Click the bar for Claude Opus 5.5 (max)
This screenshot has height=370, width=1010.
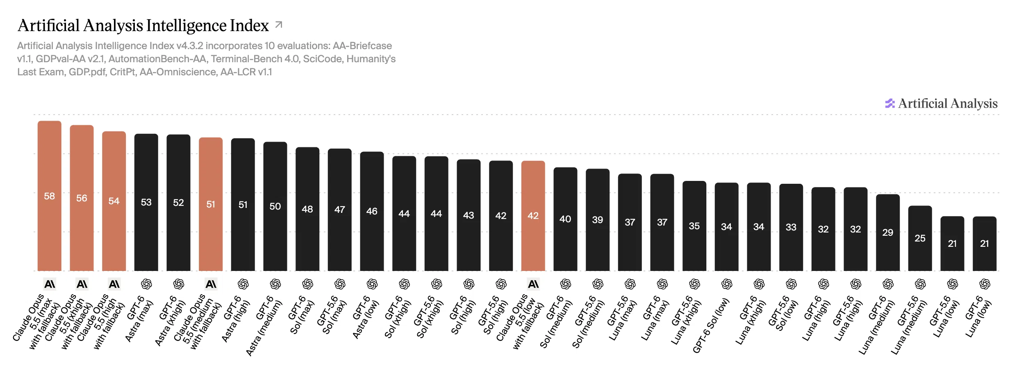coord(50,196)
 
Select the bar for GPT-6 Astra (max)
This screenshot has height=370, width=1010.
coord(146,202)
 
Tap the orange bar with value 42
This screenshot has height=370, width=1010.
coord(533,216)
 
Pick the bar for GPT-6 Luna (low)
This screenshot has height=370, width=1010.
coord(985,244)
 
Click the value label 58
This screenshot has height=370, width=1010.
coord(50,196)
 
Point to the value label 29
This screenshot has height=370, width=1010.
coord(888,232)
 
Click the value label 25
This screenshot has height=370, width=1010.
coord(920,238)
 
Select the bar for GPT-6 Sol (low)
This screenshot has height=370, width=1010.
coord(727,227)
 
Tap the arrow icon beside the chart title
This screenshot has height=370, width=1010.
coord(279,25)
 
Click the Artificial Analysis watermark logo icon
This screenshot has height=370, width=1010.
coord(890,104)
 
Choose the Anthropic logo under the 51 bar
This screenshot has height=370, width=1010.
coord(211,284)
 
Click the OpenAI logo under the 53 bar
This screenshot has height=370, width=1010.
coord(146,284)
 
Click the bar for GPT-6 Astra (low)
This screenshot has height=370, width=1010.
coord(372,211)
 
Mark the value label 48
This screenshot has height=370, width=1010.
coord(307,209)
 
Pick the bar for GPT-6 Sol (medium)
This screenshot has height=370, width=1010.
coord(566,219)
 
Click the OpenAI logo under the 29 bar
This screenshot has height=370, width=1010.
coord(888,284)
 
